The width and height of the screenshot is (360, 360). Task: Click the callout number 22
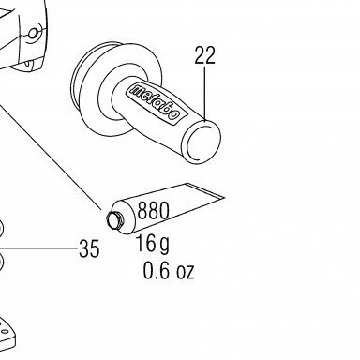tap(205, 55)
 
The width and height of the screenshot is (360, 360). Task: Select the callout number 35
tap(89, 249)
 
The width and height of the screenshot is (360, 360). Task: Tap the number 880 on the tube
tap(153, 210)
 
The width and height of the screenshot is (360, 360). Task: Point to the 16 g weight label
tap(153, 244)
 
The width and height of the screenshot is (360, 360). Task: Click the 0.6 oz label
tap(169, 271)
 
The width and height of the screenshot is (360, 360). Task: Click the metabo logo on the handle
tap(155, 101)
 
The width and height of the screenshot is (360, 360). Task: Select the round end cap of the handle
tap(201, 142)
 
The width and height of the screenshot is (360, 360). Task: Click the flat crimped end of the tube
tap(204, 191)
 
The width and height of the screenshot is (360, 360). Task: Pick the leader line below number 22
tap(205, 94)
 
